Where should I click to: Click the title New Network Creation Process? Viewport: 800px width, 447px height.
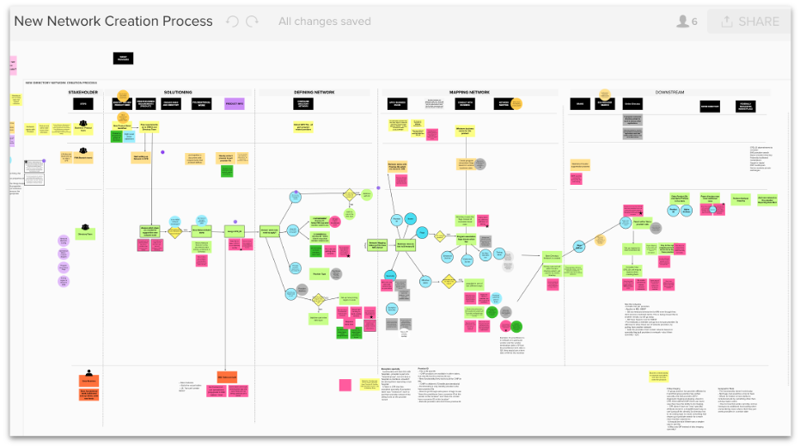(x=113, y=21)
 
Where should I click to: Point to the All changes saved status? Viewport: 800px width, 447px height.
(x=324, y=21)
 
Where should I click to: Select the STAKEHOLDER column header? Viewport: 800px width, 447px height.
(x=83, y=91)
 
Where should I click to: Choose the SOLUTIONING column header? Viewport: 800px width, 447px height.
(x=178, y=91)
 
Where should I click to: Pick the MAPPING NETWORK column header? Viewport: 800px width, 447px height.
(x=469, y=91)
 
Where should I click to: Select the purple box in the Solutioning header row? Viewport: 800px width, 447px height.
(x=235, y=104)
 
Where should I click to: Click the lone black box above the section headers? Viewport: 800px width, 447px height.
(x=123, y=58)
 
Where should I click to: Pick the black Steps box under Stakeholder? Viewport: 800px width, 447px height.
(x=83, y=104)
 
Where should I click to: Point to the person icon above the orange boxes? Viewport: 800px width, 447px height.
(x=89, y=372)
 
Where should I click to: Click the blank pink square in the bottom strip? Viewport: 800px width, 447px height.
(x=345, y=385)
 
